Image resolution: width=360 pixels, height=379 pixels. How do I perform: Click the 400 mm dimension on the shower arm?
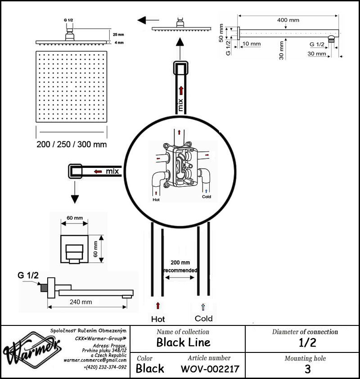288,20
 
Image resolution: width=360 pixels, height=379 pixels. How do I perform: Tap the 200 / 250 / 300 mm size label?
72,144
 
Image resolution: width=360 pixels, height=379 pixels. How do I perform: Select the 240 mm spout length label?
81,302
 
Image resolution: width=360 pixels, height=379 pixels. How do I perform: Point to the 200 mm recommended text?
180,266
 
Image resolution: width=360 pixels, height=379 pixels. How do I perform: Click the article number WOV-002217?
210,369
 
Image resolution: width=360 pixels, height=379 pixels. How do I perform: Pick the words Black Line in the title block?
184,342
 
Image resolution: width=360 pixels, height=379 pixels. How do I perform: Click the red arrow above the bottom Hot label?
158,306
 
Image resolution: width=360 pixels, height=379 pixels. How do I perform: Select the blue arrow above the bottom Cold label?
203,307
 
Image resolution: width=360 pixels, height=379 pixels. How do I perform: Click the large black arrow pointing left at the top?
148,20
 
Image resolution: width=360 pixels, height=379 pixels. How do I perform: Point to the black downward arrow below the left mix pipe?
75,192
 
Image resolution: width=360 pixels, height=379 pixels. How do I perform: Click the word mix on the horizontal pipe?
112,171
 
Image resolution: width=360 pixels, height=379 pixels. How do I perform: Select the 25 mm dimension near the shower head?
118,35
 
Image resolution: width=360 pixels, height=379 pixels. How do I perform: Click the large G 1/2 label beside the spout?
28,275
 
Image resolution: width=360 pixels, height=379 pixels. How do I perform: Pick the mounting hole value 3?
307,369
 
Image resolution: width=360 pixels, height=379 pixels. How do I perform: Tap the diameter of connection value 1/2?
307,343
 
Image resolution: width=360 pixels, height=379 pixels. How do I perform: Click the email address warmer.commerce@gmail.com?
95,361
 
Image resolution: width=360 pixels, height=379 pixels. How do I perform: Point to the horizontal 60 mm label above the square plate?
75,218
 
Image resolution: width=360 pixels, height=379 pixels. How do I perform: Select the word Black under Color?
150,369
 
